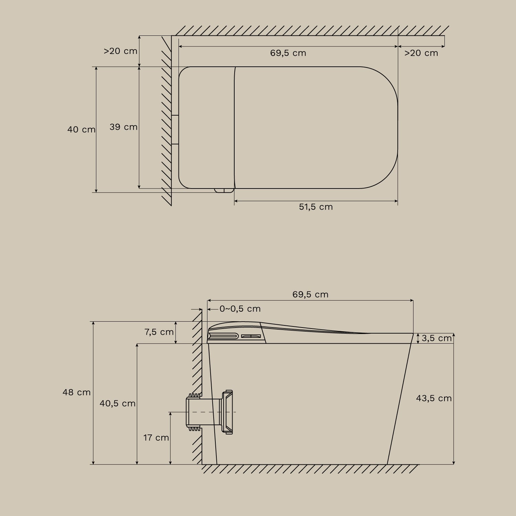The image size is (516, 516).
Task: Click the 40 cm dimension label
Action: [x=81, y=129]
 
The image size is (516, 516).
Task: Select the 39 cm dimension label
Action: [x=123, y=127]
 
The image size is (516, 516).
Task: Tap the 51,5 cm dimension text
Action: [x=316, y=207]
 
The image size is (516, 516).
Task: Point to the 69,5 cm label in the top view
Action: [x=288, y=53]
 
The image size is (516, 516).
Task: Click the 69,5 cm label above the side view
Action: [x=310, y=294]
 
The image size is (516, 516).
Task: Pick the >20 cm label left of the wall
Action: [x=120, y=51]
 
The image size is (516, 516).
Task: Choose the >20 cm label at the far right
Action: [x=421, y=53]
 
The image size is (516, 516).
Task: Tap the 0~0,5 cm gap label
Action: [x=240, y=309]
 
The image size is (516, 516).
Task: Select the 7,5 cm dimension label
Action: [x=159, y=332]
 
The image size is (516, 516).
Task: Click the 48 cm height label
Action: [x=76, y=392]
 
